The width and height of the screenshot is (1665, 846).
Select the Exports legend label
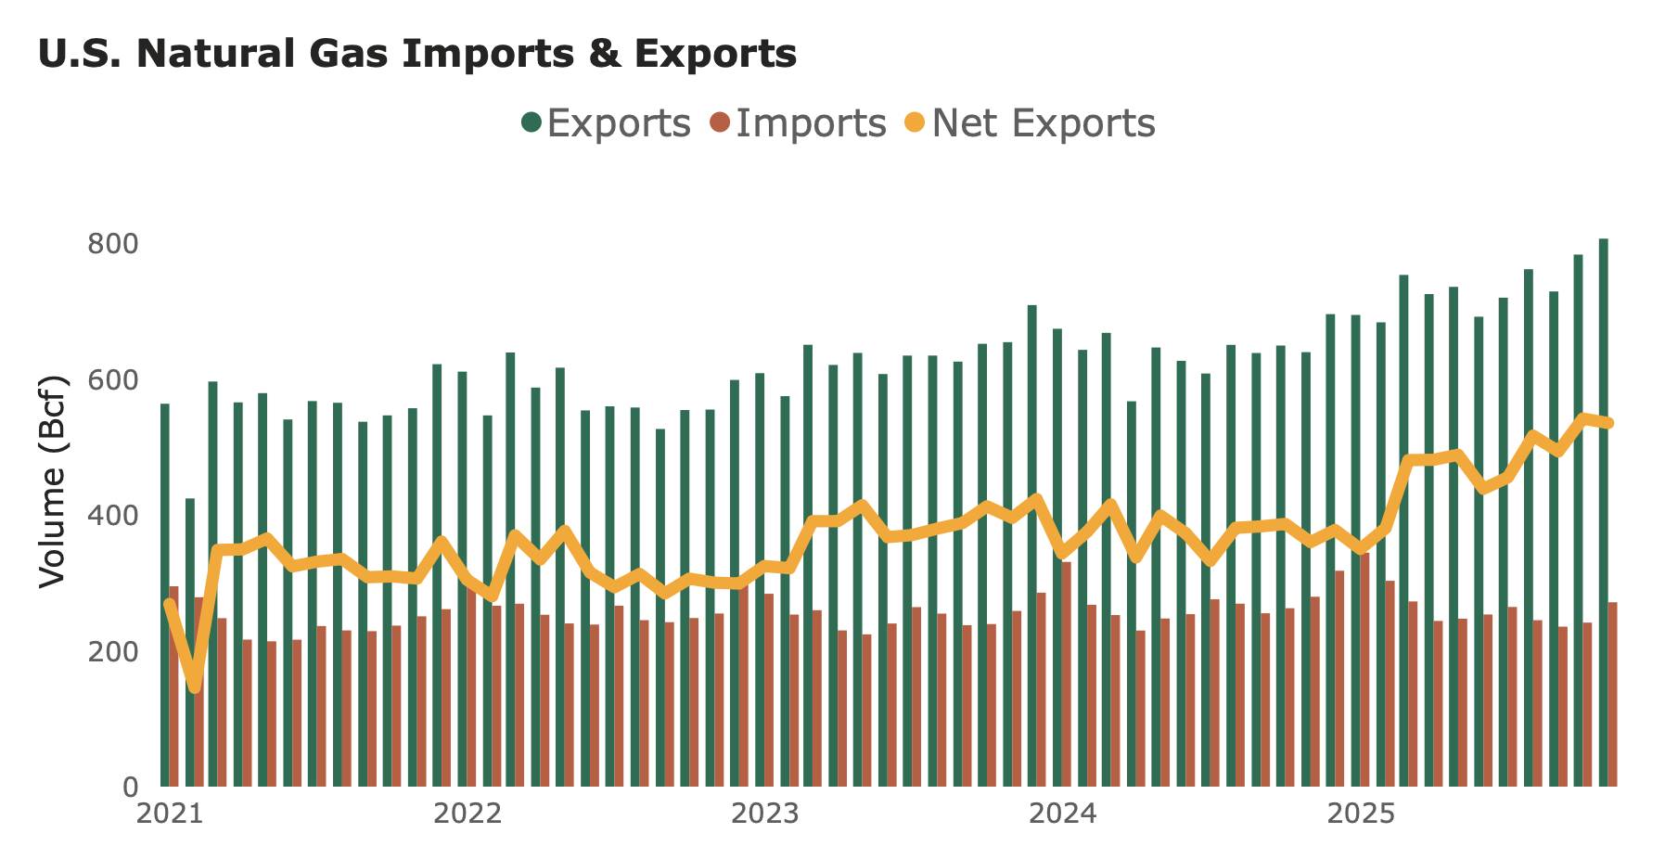pyautogui.click(x=619, y=123)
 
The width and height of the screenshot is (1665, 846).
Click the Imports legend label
pyautogui.click(x=811, y=123)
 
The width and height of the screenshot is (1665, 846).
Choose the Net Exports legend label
pyautogui.click(x=1044, y=123)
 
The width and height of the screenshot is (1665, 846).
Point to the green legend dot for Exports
pyautogui.click(x=532, y=122)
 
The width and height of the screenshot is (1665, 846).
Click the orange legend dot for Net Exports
pyautogui.click(x=916, y=122)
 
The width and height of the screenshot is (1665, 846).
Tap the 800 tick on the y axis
pyautogui.click(x=112, y=245)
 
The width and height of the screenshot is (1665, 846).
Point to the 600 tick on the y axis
pyautogui.click(x=112, y=380)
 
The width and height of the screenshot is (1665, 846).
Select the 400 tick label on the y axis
pyautogui.click(x=112, y=516)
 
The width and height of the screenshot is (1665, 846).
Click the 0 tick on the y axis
pyautogui.click(x=129, y=788)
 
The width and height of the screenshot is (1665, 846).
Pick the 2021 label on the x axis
pyautogui.click(x=170, y=814)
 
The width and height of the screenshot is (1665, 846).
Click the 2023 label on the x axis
pyautogui.click(x=765, y=814)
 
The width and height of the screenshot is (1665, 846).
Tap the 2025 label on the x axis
pyautogui.click(x=1361, y=814)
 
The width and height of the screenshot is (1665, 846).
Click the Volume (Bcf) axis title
pyautogui.click(x=53, y=481)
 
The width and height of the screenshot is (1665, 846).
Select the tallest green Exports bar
pyautogui.click(x=1603, y=510)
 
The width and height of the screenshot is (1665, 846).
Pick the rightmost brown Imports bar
pyautogui.click(x=1612, y=696)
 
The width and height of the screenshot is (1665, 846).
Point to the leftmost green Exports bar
pyautogui.click(x=165, y=594)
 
